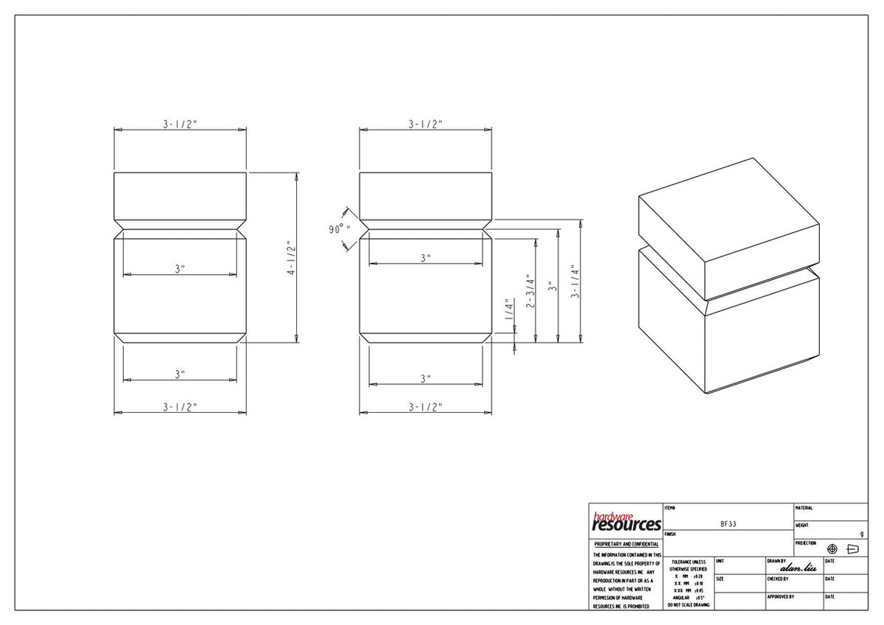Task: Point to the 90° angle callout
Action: pyautogui.click(x=339, y=229)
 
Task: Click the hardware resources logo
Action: pyautogui.click(x=625, y=522)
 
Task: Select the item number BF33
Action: pyautogui.click(x=728, y=524)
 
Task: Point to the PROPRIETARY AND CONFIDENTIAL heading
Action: pyautogui.click(x=626, y=544)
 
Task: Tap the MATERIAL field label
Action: pyautogui.click(x=804, y=508)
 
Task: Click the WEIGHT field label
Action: pyautogui.click(x=802, y=526)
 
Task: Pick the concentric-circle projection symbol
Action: pyautogui.click(x=832, y=549)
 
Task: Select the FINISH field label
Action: pyautogui.click(x=670, y=534)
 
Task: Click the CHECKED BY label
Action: pyautogui.click(x=778, y=579)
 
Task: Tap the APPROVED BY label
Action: pyautogui.click(x=780, y=596)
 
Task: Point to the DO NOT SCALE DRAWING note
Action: pyautogui.click(x=688, y=605)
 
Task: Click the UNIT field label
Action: pyautogui.click(x=720, y=561)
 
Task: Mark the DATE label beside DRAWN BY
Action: pyautogui.click(x=830, y=561)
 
